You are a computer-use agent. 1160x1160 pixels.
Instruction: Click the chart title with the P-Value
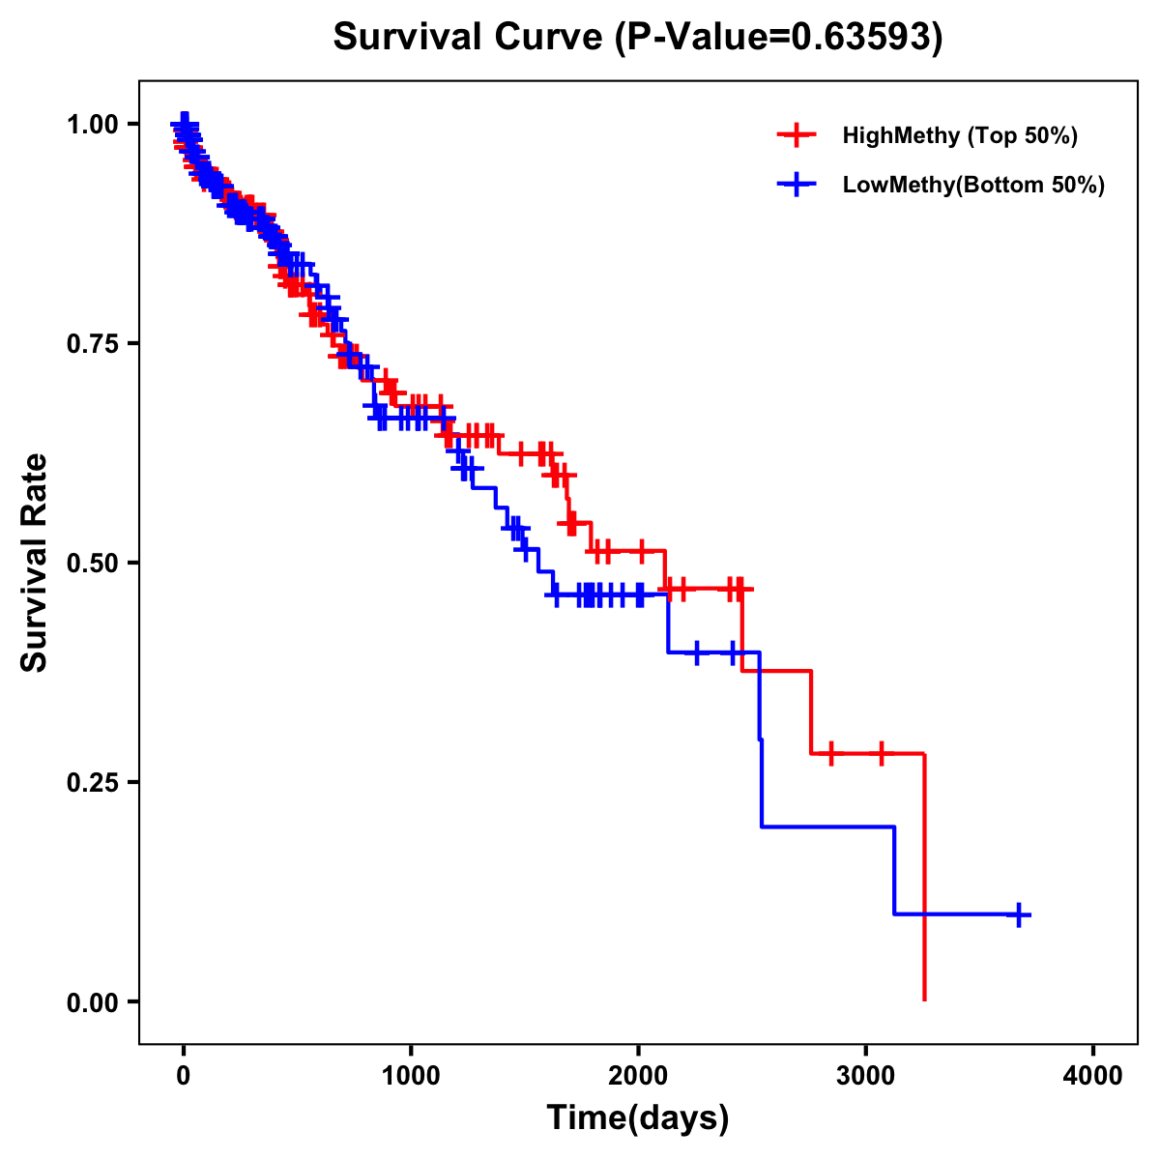tap(638, 37)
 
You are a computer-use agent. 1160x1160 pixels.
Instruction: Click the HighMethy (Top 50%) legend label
tap(959, 135)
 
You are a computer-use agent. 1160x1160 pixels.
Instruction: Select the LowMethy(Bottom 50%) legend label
tap(972, 185)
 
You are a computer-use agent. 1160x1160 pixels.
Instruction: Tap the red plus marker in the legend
tap(797, 135)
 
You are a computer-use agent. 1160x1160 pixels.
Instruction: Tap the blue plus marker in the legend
tap(797, 185)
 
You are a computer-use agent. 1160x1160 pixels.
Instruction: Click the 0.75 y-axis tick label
tap(91, 343)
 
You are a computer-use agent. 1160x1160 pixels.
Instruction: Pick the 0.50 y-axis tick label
tap(91, 563)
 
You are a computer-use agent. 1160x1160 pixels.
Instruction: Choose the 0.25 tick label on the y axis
tap(91, 782)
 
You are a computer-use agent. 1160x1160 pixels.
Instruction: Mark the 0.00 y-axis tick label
tap(91, 1001)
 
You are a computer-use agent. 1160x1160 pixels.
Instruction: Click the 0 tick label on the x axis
tap(184, 1076)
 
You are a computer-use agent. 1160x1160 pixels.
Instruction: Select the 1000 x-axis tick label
tap(411, 1076)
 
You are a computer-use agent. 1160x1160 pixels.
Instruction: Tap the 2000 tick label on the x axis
tap(638, 1076)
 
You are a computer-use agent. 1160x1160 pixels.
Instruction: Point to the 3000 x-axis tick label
tap(866, 1076)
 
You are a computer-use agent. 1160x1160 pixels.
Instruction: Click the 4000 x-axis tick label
tap(1093, 1076)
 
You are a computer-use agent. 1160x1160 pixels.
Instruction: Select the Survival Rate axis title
tap(35, 563)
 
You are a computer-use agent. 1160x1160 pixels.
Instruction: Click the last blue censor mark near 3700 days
tap(1018, 913)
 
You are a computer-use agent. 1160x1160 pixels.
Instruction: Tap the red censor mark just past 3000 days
tap(882, 753)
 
